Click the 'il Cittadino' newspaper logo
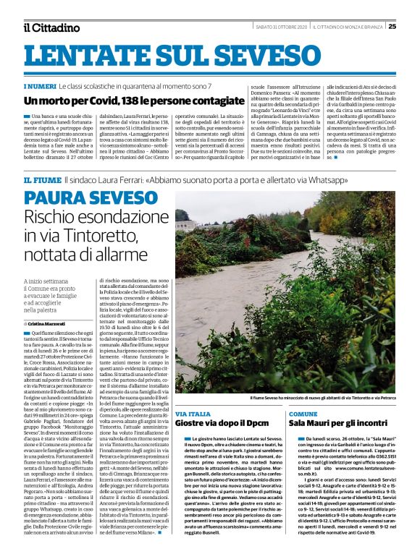coord(51,27)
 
